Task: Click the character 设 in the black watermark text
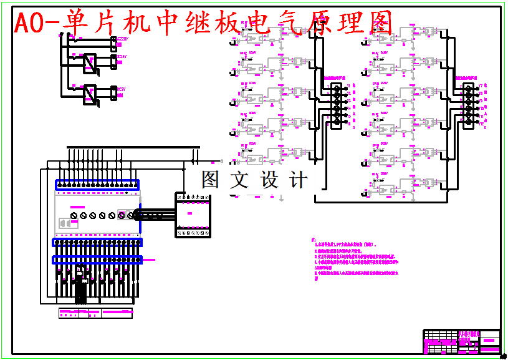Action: [270, 180]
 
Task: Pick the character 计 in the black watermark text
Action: [300, 180]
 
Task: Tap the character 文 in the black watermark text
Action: [239, 180]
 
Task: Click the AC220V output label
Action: [122, 40]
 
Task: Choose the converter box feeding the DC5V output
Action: [90, 94]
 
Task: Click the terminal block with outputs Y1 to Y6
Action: [337, 104]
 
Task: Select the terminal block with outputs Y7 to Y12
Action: [469, 104]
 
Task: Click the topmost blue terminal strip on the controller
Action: [97, 184]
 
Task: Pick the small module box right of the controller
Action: [192, 215]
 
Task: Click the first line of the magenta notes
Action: [347, 246]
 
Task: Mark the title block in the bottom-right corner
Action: [461, 341]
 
